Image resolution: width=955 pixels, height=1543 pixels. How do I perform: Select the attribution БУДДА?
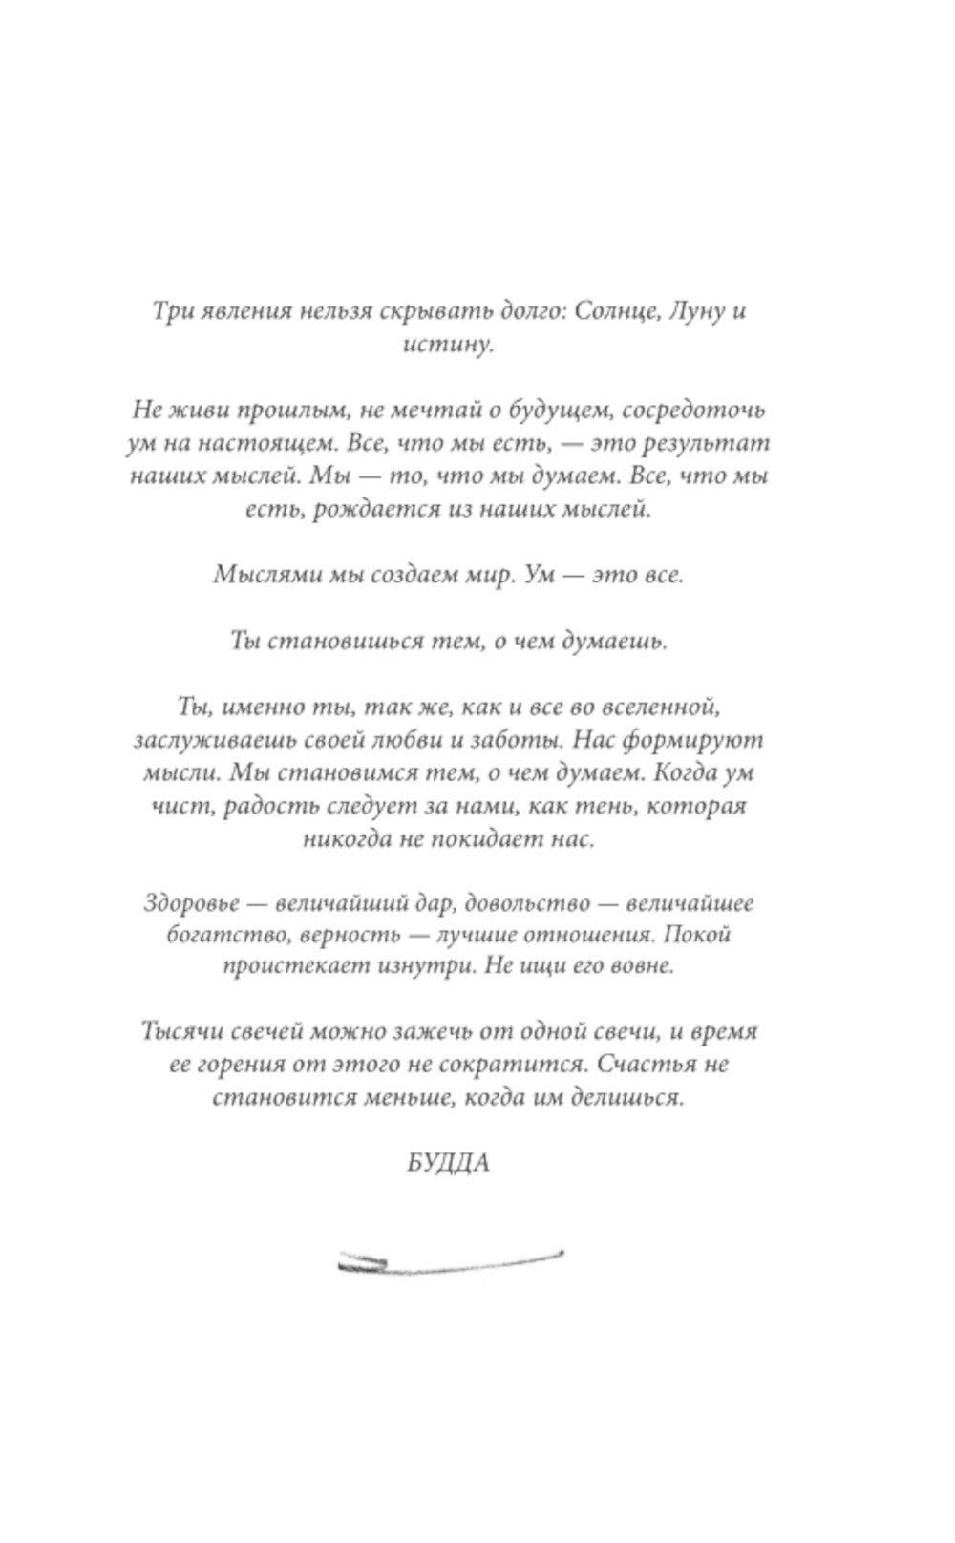[x=447, y=1164]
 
